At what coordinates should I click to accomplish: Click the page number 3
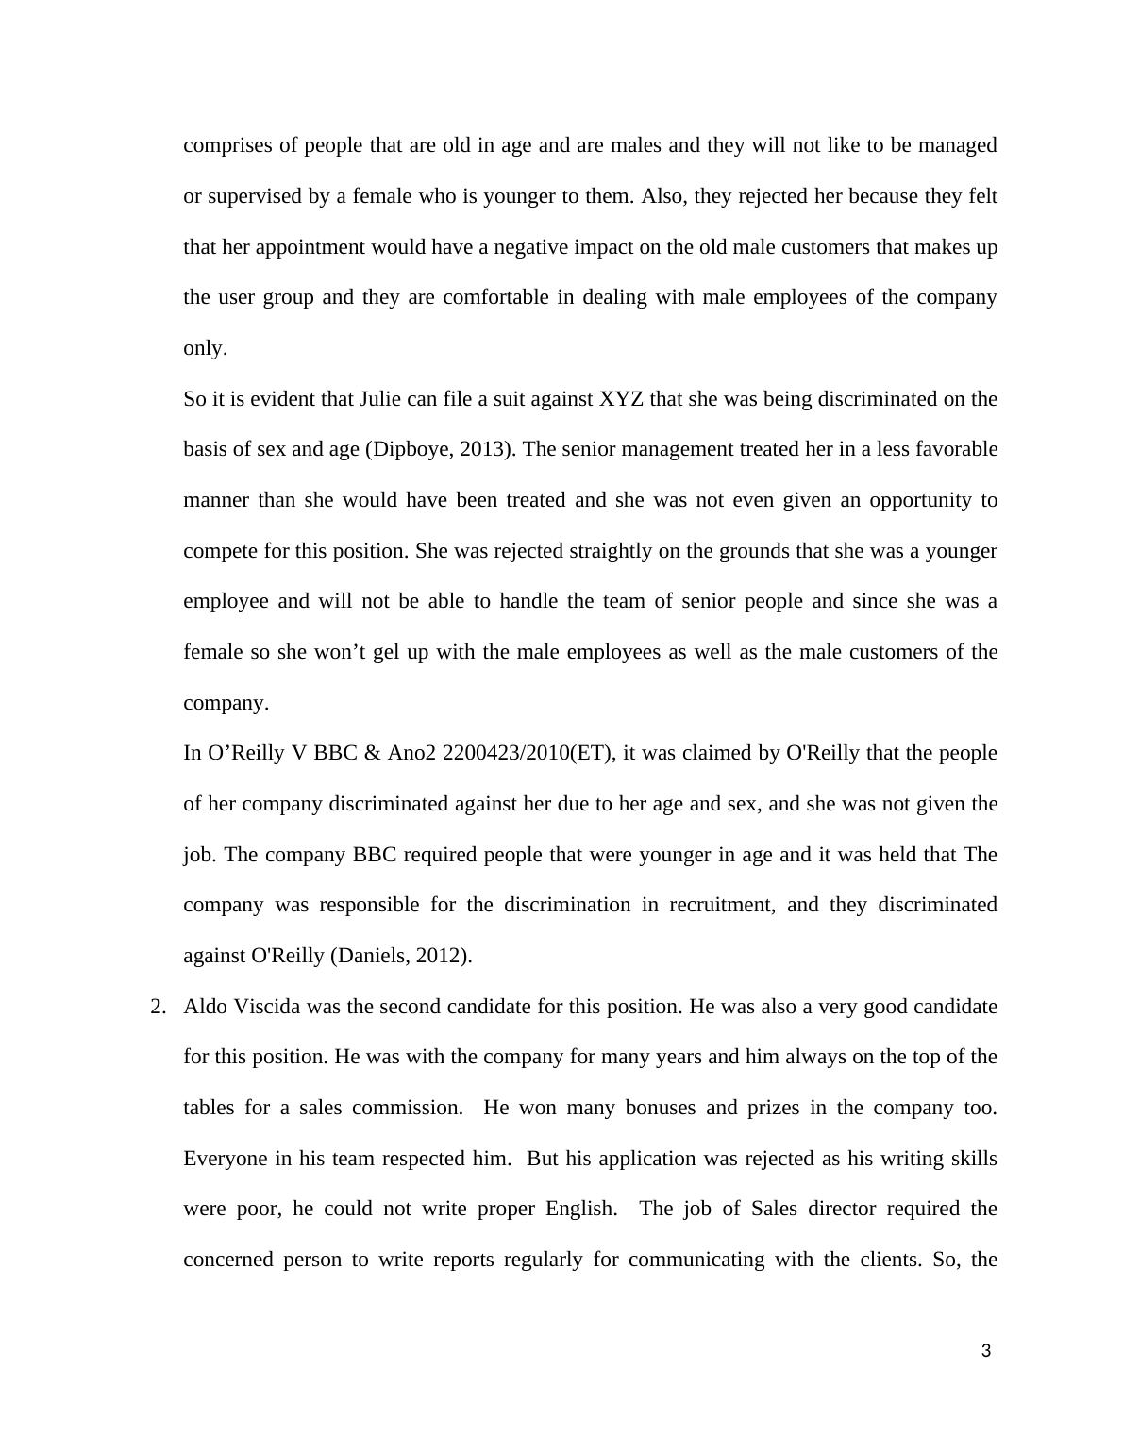point(986,1351)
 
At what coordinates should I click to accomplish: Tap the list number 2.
point(158,1007)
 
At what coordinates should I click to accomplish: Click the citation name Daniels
point(370,956)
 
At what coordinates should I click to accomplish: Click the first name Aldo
point(205,1007)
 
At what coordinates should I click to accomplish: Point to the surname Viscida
point(267,1007)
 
